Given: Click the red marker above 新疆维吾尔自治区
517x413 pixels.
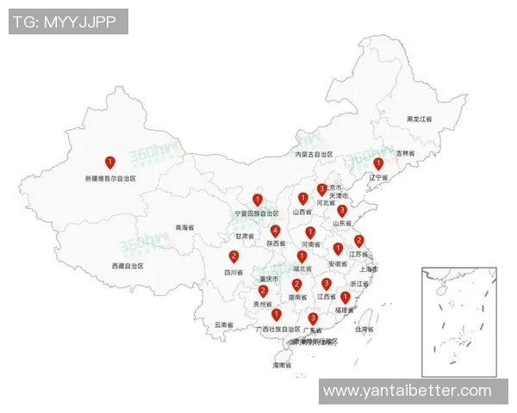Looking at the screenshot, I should (109, 162).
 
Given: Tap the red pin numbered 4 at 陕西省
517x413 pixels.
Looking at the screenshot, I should (275, 231).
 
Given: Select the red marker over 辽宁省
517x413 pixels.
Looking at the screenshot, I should (377, 163).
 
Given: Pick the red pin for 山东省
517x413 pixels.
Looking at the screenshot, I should (342, 210).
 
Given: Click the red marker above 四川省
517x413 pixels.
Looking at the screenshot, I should (234, 256).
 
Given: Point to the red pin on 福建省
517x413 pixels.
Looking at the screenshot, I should (346, 297).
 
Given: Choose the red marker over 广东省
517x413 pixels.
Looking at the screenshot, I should (313, 318).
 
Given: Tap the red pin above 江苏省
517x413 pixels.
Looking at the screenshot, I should (359, 241).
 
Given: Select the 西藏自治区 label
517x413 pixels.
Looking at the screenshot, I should (128, 267).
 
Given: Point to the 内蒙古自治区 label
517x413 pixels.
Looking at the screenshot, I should (314, 155).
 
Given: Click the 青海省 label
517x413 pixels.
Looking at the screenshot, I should (184, 228).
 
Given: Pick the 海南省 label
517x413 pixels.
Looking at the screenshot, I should (283, 366).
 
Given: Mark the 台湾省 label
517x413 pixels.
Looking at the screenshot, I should (365, 330).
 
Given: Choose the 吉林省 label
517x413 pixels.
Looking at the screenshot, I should (405, 153).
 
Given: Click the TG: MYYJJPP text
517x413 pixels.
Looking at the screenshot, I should (68, 22).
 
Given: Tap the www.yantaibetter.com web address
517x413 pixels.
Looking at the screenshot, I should (408, 391).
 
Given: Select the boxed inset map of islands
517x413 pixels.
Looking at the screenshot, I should (459, 322).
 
